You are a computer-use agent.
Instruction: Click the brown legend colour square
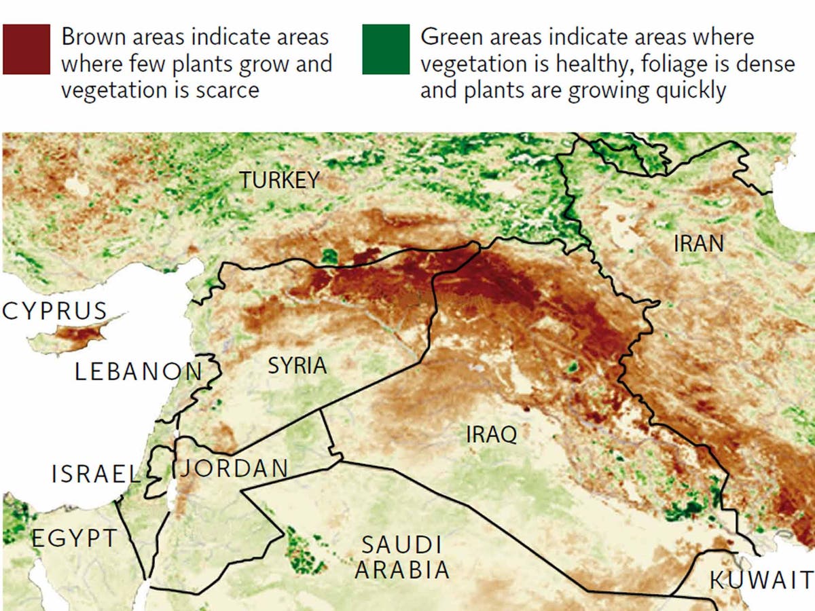(26, 49)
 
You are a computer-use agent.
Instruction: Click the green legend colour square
(386, 49)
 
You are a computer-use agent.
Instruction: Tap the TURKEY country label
(278, 180)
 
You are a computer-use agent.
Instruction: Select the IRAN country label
(699, 243)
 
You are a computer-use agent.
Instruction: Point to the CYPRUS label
(55, 312)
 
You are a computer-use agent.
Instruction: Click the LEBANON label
(139, 371)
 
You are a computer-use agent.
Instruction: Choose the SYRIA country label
(297, 365)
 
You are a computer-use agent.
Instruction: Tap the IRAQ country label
(491, 434)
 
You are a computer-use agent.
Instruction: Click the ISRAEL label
(95, 475)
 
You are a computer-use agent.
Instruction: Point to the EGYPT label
(75, 539)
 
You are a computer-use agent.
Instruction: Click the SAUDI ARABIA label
(402, 557)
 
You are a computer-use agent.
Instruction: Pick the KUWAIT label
(761, 581)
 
